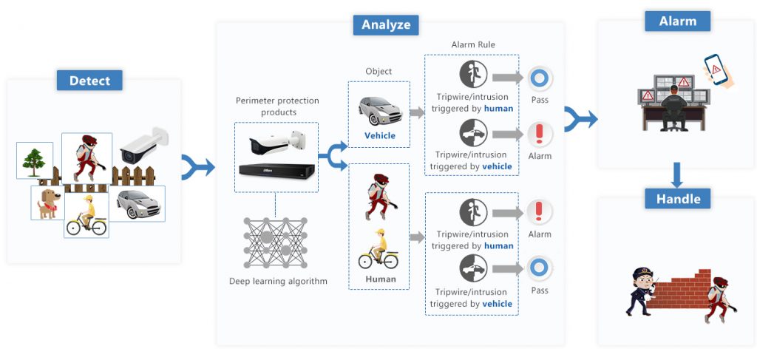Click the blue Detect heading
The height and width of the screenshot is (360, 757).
[x=89, y=80]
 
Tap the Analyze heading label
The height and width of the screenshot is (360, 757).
[x=386, y=24]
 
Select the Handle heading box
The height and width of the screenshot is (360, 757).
[x=677, y=198]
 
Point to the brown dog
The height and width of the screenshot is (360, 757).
[x=49, y=203]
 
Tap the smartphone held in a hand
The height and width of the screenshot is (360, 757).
[x=716, y=69]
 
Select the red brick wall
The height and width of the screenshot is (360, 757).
[x=681, y=289]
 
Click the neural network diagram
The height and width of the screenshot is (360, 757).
[x=275, y=242]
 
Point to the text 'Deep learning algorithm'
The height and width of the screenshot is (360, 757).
[x=278, y=281]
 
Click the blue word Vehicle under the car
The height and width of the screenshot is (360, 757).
[x=379, y=135]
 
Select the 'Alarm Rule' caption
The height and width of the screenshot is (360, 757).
[x=473, y=44]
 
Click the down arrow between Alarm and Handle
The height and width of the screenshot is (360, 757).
[x=677, y=174]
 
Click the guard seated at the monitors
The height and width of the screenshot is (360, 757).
[x=674, y=108]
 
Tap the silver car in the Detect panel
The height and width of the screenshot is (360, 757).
[x=138, y=204]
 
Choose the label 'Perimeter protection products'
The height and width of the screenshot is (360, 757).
[x=277, y=106]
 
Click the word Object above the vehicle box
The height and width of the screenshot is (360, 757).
[x=379, y=72]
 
